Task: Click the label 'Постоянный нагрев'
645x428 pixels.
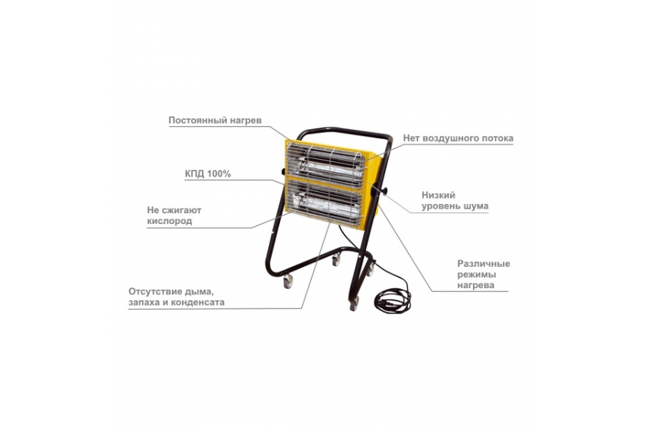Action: coord(215,121)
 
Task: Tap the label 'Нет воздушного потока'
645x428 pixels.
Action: coord(458,138)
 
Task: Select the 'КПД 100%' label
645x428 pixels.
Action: coord(208,173)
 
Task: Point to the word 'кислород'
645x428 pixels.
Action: coord(170,221)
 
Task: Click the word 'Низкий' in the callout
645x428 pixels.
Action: coord(438,195)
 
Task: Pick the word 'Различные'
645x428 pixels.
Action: coord(484,264)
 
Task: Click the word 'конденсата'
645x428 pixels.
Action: coord(200,302)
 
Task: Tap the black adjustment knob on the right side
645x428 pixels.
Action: coord(383,191)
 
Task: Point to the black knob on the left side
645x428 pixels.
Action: coord(283,171)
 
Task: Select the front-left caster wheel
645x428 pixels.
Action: coord(288,281)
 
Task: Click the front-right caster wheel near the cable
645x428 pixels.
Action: coord(353,303)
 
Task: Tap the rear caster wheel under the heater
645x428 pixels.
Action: coord(336,259)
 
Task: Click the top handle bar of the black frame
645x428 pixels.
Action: coord(345,131)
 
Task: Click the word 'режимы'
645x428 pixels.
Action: coord(476,274)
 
